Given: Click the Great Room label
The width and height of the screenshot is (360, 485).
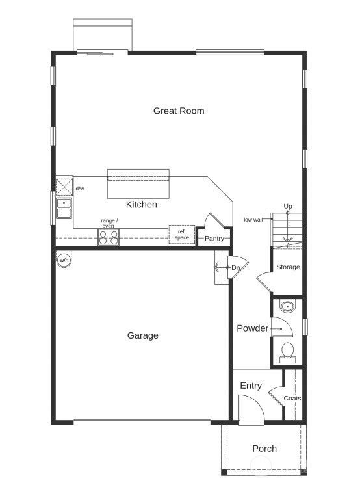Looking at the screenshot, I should click(179, 111).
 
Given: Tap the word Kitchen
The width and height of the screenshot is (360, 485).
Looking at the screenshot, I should click(141, 205).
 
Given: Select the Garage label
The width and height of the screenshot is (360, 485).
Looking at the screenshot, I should click(142, 336).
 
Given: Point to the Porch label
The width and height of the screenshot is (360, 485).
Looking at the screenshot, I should click(264, 449).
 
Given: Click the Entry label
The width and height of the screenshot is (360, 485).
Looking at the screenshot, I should click(251, 386).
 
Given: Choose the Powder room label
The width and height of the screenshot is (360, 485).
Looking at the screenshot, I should click(252, 329).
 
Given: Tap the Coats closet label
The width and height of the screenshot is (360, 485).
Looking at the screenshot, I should click(292, 399).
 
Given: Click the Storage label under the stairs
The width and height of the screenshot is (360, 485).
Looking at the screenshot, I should click(288, 267).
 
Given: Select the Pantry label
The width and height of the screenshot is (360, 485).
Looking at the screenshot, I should click(214, 239).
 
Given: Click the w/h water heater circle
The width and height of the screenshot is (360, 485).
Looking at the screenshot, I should click(64, 260).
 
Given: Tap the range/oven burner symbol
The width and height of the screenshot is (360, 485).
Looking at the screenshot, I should click(109, 238).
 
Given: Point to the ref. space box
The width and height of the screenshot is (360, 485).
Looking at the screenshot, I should click(182, 235).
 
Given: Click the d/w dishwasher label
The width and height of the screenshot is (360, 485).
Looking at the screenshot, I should click(80, 189).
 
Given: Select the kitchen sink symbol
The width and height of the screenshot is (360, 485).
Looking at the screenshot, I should click(64, 209).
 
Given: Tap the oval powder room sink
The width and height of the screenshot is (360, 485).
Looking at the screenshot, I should click(287, 306).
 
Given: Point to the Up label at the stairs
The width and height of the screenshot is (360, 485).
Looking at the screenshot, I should click(288, 207).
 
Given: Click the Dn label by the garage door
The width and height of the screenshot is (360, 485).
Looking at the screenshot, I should click(236, 267).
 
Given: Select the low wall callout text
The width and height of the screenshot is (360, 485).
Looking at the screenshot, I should click(253, 220).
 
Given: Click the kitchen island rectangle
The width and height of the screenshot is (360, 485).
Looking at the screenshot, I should click(138, 183).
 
